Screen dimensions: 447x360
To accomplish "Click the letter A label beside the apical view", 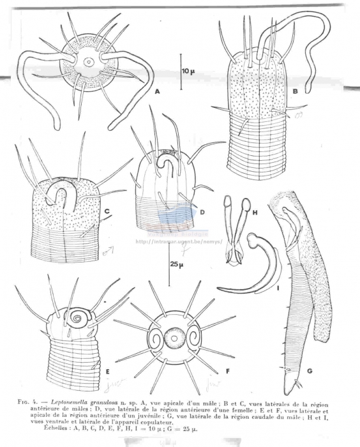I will (156, 92).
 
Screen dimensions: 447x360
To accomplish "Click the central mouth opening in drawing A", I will (89, 63).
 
